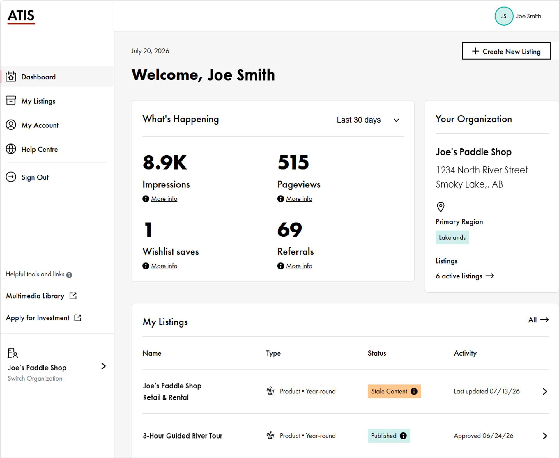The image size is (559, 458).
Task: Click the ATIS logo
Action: point(21,17)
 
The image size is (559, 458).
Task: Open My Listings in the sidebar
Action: point(38,101)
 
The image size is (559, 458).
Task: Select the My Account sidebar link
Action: point(40,125)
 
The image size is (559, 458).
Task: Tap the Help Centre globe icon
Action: point(11,149)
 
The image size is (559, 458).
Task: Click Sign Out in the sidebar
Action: point(35,177)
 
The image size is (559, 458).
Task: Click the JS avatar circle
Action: point(504,16)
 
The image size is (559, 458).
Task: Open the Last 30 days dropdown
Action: point(368,120)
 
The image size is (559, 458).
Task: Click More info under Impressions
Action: point(164,199)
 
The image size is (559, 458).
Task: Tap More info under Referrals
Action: point(299,266)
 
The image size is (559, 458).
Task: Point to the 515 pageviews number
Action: point(293,162)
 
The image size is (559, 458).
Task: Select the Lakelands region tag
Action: point(452,237)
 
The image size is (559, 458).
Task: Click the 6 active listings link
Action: point(465,276)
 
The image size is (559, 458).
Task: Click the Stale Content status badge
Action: point(394,391)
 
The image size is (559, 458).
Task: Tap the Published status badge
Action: point(389,436)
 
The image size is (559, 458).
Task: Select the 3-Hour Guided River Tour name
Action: point(183,436)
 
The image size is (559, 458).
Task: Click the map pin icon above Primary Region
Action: point(441,207)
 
